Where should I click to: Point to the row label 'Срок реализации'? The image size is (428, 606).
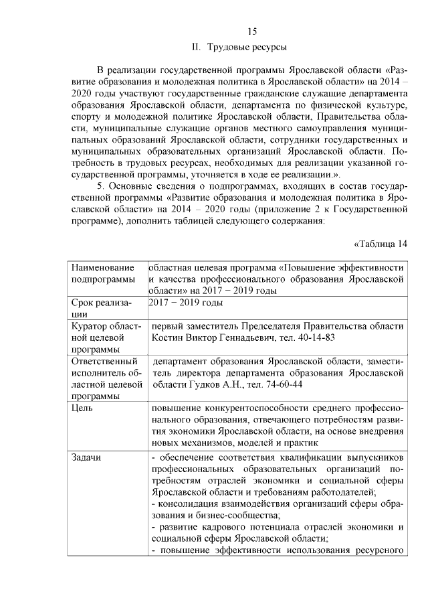98,307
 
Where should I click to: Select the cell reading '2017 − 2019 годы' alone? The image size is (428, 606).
185,303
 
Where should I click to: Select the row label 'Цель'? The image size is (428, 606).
82,407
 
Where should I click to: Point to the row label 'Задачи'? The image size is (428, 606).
86,457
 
